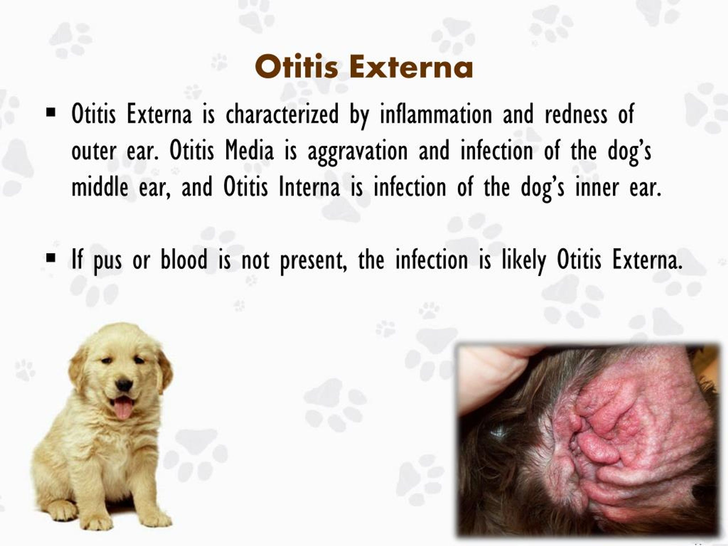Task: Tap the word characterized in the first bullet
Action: (282, 115)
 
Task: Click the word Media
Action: (249, 151)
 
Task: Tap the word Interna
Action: (309, 187)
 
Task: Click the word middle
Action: (100, 187)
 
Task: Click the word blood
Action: (184, 260)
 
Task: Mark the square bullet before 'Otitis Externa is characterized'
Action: (51, 113)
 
